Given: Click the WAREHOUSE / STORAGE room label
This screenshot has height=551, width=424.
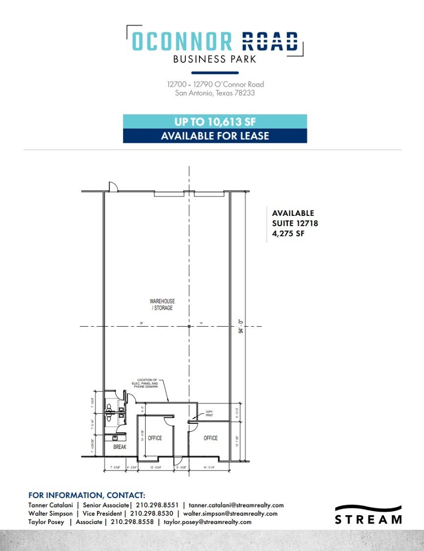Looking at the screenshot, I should [x=162, y=304].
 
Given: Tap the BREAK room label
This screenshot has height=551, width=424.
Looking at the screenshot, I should [x=120, y=447].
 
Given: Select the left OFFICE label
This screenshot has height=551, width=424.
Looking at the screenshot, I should [x=155, y=438].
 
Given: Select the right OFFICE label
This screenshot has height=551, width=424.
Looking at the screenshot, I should [x=211, y=438].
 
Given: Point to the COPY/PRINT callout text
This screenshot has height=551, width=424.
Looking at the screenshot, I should [x=209, y=413].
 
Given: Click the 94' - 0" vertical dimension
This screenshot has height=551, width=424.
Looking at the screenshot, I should [x=241, y=326].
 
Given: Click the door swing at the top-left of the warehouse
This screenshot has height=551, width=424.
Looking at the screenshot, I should [x=112, y=186].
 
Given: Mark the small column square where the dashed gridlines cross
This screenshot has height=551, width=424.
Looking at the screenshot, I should [x=189, y=326].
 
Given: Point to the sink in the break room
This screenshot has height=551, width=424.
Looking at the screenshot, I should [x=115, y=438].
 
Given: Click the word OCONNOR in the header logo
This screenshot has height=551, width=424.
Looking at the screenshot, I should [x=182, y=41].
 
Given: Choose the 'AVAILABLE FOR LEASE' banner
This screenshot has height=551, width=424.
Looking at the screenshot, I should [x=215, y=136].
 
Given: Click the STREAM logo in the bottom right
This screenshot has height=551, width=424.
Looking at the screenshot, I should [x=368, y=515].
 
